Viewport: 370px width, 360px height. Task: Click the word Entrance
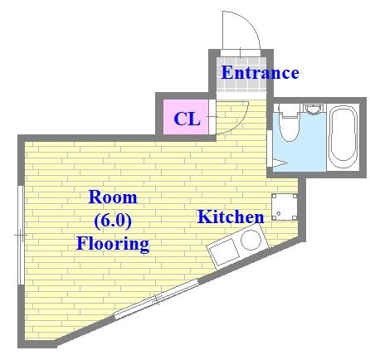[260, 73]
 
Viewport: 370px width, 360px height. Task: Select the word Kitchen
[230, 217]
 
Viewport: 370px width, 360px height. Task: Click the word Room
[113, 198]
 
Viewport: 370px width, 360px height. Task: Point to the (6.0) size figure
[113, 221]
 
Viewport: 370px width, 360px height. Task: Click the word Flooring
[113, 244]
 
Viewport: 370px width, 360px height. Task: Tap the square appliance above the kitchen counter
[284, 206]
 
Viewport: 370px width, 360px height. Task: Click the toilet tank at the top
[289, 109]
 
